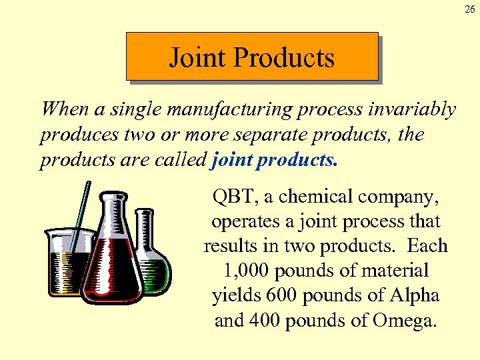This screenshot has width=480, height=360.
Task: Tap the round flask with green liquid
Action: pyautogui.click(x=153, y=267)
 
